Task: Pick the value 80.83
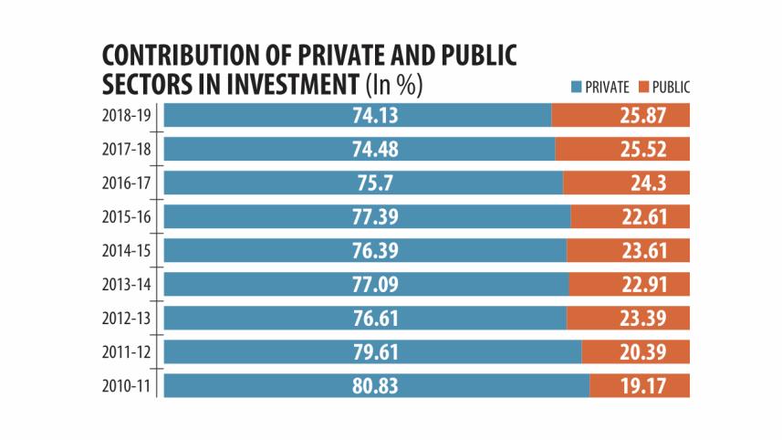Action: tap(376, 385)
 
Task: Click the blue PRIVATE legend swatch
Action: tap(576, 88)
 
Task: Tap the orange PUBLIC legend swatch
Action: tap(643, 88)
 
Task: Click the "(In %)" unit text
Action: tap(394, 86)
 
